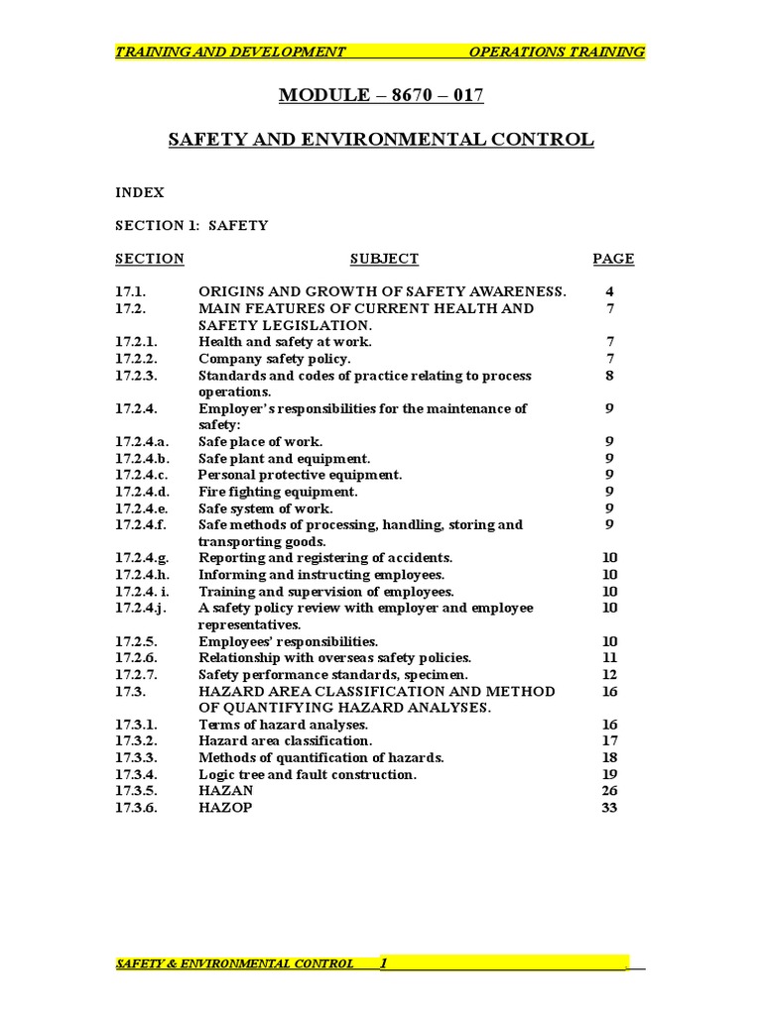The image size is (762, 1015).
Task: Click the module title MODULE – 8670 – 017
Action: pyautogui.click(x=381, y=96)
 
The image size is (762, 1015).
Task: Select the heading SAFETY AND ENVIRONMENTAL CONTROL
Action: pyautogui.click(x=381, y=140)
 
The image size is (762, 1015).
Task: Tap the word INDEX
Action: pyautogui.click(x=140, y=192)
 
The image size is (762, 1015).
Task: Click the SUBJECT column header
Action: pyautogui.click(x=384, y=259)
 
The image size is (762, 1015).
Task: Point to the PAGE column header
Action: pyautogui.click(x=613, y=259)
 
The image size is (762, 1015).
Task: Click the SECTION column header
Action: pyautogui.click(x=149, y=259)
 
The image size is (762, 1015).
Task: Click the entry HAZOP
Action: pyautogui.click(x=225, y=808)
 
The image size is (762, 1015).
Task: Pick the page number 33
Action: pyautogui.click(x=609, y=808)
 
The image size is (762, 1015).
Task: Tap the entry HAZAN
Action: pyautogui.click(x=225, y=791)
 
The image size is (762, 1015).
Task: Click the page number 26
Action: pyautogui.click(x=609, y=791)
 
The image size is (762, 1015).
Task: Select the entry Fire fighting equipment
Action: pyautogui.click(x=278, y=492)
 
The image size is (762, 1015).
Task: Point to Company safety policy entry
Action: pyautogui.click(x=274, y=358)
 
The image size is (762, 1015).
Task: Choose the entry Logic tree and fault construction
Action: pyautogui.click(x=308, y=774)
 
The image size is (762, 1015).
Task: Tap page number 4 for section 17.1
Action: pyautogui.click(x=609, y=291)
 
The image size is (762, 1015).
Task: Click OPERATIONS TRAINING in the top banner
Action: pyautogui.click(x=556, y=52)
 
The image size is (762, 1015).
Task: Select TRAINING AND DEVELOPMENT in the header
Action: pyautogui.click(x=230, y=52)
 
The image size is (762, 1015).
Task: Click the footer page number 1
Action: pyautogui.click(x=384, y=962)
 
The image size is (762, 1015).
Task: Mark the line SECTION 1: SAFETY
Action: pyautogui.click(x=191, y=225)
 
